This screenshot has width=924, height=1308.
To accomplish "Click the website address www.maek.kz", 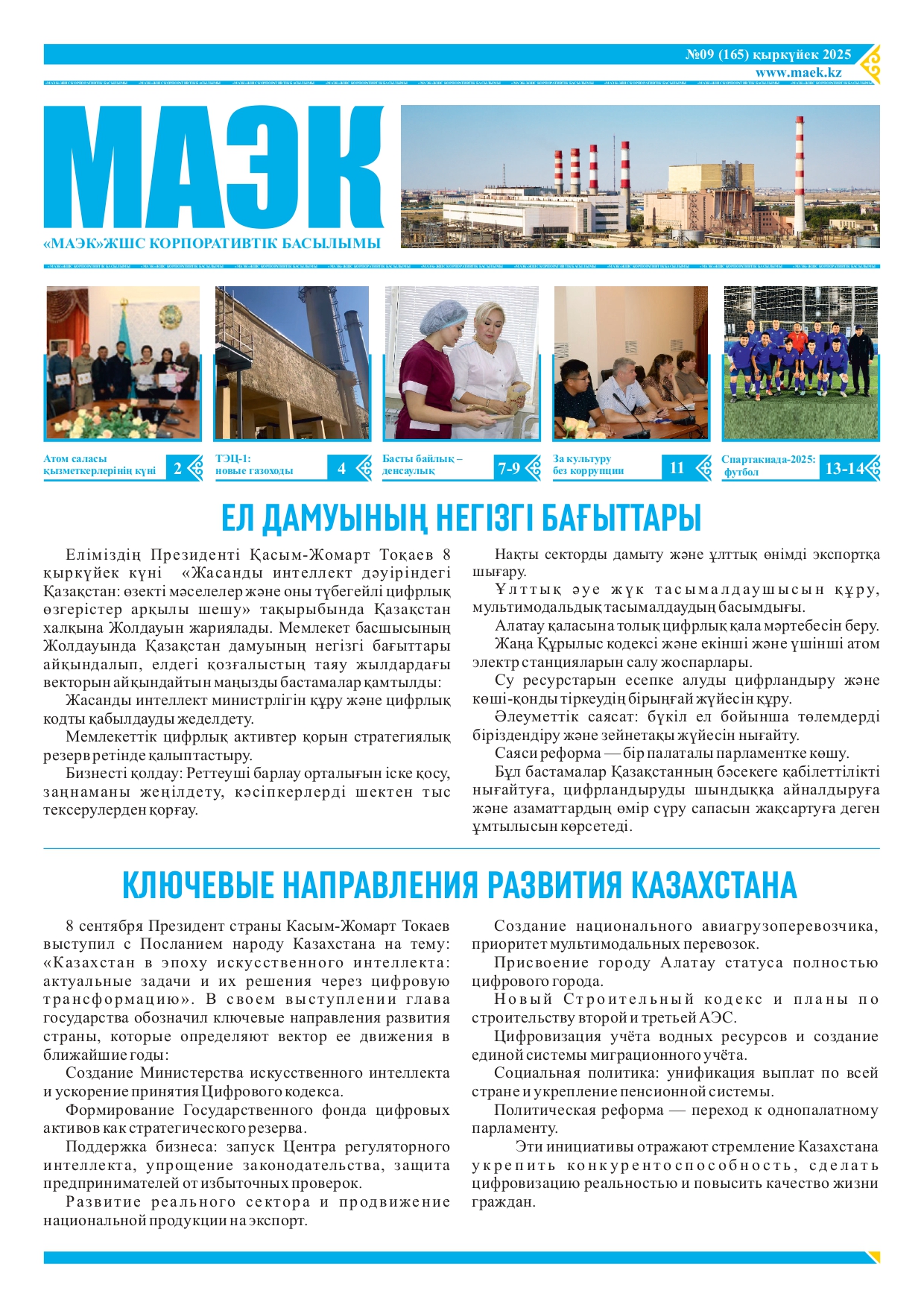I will tap(798, 72).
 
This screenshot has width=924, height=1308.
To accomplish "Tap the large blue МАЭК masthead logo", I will tap(213, 168).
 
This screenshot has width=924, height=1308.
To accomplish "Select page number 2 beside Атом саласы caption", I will tap(177, 468).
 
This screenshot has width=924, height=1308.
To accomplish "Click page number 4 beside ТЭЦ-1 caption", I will tap(341, 468).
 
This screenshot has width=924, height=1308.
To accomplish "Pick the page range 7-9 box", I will tap(509, 468).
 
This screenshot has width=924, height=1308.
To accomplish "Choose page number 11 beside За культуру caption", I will tap(677, 468).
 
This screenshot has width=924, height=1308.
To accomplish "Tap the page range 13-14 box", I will tap(844, 469).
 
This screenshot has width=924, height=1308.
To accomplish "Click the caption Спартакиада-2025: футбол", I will tap(768, 465).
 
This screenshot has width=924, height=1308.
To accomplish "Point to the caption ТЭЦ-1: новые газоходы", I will tap(254, 464).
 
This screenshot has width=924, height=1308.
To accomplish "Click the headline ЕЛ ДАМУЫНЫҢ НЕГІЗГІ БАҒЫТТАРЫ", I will tap(461, 518).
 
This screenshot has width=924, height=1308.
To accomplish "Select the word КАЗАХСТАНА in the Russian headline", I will tap(714, 885).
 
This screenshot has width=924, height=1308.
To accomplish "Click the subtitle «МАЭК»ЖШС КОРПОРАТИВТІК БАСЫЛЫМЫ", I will tap(212, 244).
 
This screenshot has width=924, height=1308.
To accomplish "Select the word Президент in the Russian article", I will tap(181, 926).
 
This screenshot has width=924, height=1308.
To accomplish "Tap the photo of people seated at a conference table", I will tap(630, 363).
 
